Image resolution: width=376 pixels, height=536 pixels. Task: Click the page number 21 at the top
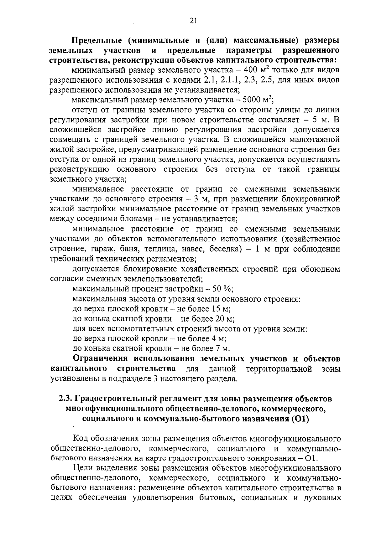(x=193, y=21)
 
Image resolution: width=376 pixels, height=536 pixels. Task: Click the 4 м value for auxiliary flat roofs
(x=218, y=339)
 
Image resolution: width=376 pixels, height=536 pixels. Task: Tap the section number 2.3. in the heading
(x=65, y=399)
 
